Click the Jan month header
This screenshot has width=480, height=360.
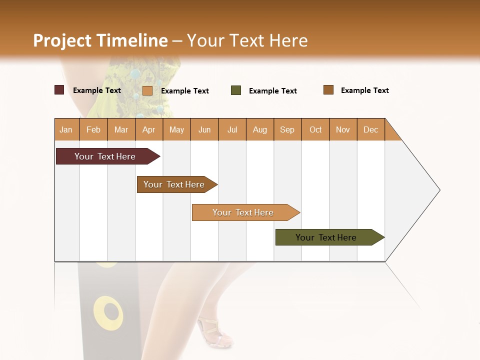[x=66, y=129]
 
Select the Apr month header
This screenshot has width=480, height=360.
[x=148, y=129]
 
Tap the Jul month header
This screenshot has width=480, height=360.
[x=232, y=129]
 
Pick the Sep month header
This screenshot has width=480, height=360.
[x=287, y=129]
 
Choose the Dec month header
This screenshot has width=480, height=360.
[x=370, y=129]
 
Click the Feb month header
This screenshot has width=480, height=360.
[x=93, y=129]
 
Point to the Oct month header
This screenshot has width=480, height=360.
[x=315, y=129]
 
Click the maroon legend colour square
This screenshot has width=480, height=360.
[x=59, y=90]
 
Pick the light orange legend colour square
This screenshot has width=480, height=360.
[x=147, y=90]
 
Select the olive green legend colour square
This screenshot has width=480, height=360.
[x=236, y=90]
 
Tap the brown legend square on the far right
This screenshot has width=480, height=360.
[x=328, y=90]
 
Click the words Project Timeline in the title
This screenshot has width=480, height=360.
[x=100, y=40]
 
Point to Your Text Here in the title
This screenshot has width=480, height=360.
[x=247, y=40]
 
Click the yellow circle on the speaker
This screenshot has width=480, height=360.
[x=108, y=312]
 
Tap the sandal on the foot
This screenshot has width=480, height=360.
[x=215, y=332]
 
